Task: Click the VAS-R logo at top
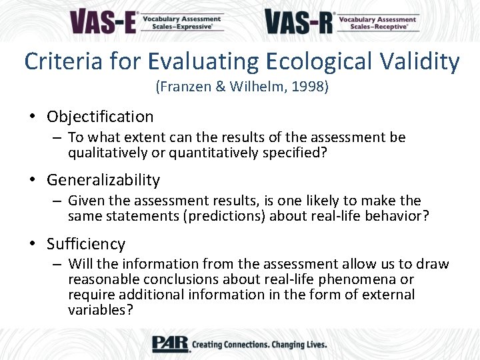coord(342,21)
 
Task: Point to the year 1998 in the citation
coord(309,87)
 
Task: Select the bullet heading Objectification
coord(100,117)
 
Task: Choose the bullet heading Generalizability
coord(103,180)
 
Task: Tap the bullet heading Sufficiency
coord(86,244)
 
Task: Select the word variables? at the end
coord(101,309)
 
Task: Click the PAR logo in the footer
coord(170,344)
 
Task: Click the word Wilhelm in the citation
coord(253,87)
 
